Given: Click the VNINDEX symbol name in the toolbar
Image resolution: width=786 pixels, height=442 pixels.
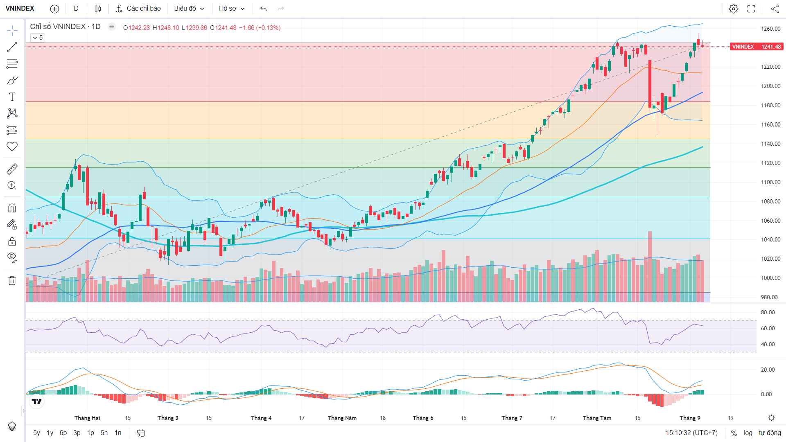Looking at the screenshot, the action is [20, 9].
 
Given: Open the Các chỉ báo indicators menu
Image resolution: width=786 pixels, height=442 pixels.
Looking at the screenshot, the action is [138, 9].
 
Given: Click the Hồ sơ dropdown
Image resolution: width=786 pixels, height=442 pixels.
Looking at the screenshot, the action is [232, 9].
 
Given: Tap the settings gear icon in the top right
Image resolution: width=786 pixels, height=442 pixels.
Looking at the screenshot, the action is [734, 9].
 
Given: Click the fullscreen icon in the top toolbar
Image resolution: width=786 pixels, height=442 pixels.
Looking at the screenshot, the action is [751, 9].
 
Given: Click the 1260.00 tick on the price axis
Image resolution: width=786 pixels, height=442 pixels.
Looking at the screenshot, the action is [771, 29].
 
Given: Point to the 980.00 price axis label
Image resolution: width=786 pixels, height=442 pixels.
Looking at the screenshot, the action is [769, 297].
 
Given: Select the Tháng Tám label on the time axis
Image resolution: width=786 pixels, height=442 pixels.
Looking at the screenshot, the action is [597, 418].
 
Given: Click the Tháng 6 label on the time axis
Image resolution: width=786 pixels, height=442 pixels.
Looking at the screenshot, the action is [423, 418].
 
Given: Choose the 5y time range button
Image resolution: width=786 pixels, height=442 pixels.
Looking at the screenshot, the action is [36, 433].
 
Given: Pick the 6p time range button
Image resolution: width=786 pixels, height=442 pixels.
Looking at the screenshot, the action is [63, 433].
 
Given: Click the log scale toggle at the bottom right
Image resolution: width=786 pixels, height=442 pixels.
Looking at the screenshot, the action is [748, 433].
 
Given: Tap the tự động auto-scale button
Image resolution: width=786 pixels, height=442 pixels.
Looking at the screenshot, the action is [770, 433].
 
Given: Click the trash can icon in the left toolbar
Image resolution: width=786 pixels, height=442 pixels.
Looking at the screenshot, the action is [12, 280].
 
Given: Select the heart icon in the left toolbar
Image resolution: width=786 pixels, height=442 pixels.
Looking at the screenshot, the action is [12, 147].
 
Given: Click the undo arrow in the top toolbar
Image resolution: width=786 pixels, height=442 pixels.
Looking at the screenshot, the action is [263, 9].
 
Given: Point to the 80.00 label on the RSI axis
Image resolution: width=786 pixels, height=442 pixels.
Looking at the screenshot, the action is [768, 312].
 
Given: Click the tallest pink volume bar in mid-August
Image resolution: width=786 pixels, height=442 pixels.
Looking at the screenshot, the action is [650, 266].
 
